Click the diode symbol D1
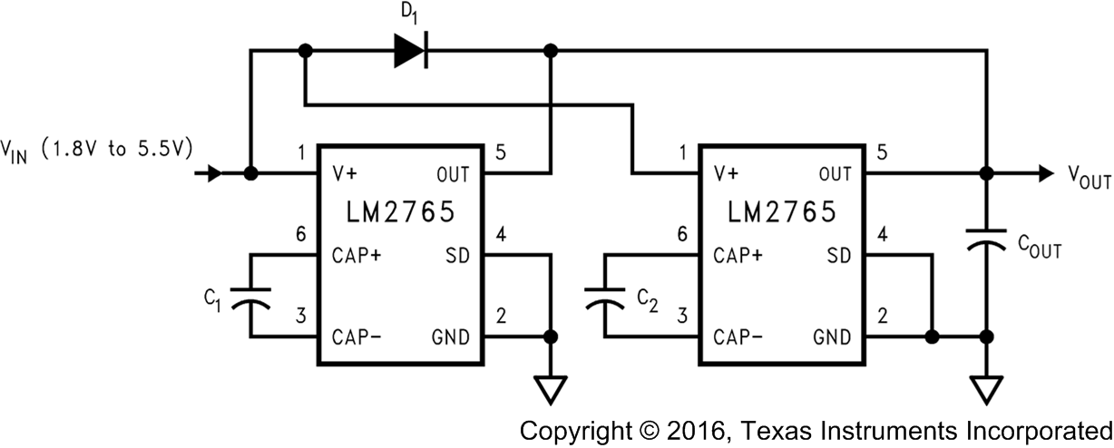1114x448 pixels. pos(411,51)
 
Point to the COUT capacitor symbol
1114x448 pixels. pos(986,240)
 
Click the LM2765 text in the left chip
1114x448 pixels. pos(399,212)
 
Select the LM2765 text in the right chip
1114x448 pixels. pos(780,212)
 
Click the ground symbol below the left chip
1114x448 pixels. pos(550,389)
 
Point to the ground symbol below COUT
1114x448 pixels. pos(986,389)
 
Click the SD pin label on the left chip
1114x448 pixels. pos(458,256)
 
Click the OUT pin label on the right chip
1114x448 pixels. pos(834,173)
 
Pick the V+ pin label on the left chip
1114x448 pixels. pos(346,173)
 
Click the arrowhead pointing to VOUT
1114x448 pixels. pos(1045,173)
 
